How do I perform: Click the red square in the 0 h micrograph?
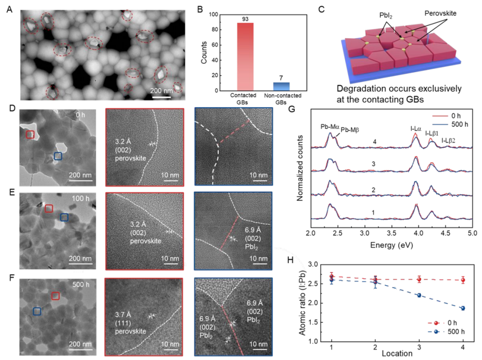[30, 134]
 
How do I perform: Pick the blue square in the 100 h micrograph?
[64, 218]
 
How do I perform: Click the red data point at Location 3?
[419, 279]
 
